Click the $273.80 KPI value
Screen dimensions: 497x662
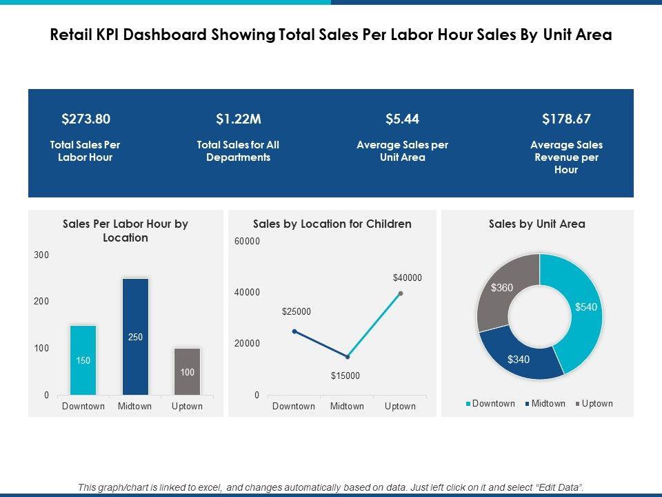pyautogui.click(x=86, y=119)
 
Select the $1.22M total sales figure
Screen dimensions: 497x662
pyautogui.click(x=238, y=119)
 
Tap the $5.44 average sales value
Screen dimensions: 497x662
pyautogui.click(x=402, y=119)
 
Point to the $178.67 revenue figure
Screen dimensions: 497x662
pyautogui.click(x=566, y=119)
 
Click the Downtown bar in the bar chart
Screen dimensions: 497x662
pyautogui.click(x=83, y=360)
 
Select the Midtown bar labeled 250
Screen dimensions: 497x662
pyautogui.click(x=135, y=337)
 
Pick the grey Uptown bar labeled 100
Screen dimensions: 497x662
pyautogui.click(x=187, y=371)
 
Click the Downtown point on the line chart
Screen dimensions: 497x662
pyautogui.click(x=294, y=331)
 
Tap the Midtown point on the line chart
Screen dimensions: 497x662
pyautogui.click(x=348, y=357)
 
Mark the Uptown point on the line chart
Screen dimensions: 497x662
pyautogui.click(x=401, y=293)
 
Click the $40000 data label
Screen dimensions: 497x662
pyautogui.click(x=407, y=277)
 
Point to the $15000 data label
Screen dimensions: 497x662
pyautogui.click(x=345, y=376)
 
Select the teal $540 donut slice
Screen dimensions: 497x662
pyautogui.click(x=583, y=311)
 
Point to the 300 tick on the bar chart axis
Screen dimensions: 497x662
pyautogui.click(x=41, y=255)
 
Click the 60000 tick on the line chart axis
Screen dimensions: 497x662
pyautogui.click(x=248, y=241)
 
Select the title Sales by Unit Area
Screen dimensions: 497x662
pyautogui.click(x=536, y=224)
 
